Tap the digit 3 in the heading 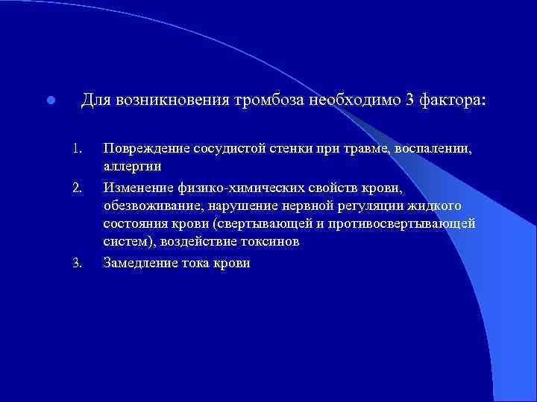[x=409, y=100]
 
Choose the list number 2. [x=77, y=186]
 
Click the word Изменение [x=139, y=186]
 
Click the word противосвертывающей [x=409, y=223]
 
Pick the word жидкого [x=436, y=205]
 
